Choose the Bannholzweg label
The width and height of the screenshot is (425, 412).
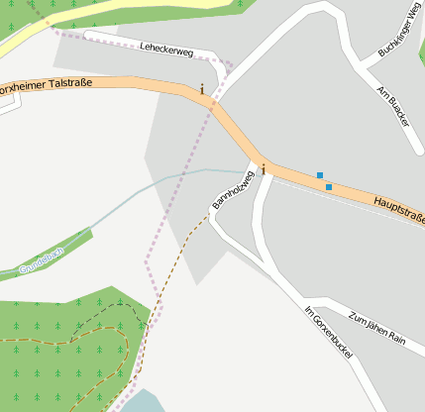pyautogui.click(x=233, y=190)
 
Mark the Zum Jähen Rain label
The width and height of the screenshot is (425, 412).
pyautogui.click(x=377, y=326)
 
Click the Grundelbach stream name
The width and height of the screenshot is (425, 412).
pyautogui.click(x=42, y=259)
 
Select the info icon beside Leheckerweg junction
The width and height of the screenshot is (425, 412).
pyautogui.click(x=202, y=90)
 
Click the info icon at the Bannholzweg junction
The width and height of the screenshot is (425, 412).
pyautogui.click(x=264, y=169)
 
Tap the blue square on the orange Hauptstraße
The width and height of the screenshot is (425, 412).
pyautogui.click(x=329, y=186)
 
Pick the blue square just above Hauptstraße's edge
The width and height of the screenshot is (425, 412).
pyautogui.click(x=320, y=175)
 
